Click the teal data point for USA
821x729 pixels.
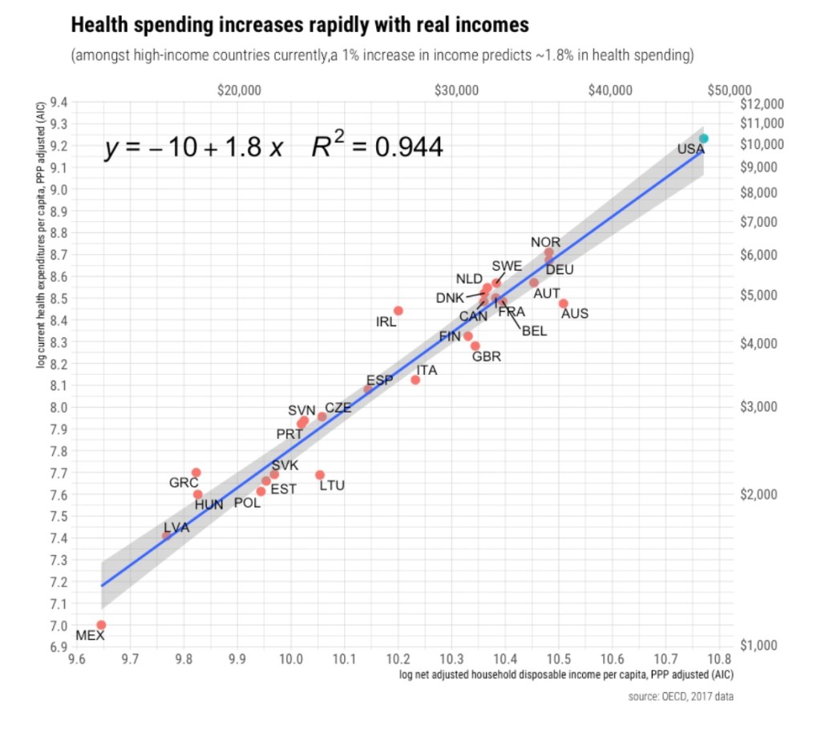click(703, 139)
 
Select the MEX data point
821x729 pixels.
click(101, 625)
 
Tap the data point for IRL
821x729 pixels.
click(398, 311)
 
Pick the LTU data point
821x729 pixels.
click(320, 475)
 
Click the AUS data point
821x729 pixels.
click(564, 304)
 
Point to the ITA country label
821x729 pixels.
click(427, 371)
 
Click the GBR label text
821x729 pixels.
click(486, 357)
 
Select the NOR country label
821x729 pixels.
click(545, 242)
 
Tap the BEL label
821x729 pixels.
click(534, 331)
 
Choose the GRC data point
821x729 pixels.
click(196, 473)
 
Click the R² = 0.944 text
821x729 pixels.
click(377, 147)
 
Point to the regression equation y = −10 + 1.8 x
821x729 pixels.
click(193, 149)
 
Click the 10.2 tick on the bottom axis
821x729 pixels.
click(398, 659)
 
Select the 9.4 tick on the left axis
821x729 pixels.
click(59, 103)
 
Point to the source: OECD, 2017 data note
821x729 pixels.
click(681, 697)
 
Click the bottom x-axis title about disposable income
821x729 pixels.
click(565, 676)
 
